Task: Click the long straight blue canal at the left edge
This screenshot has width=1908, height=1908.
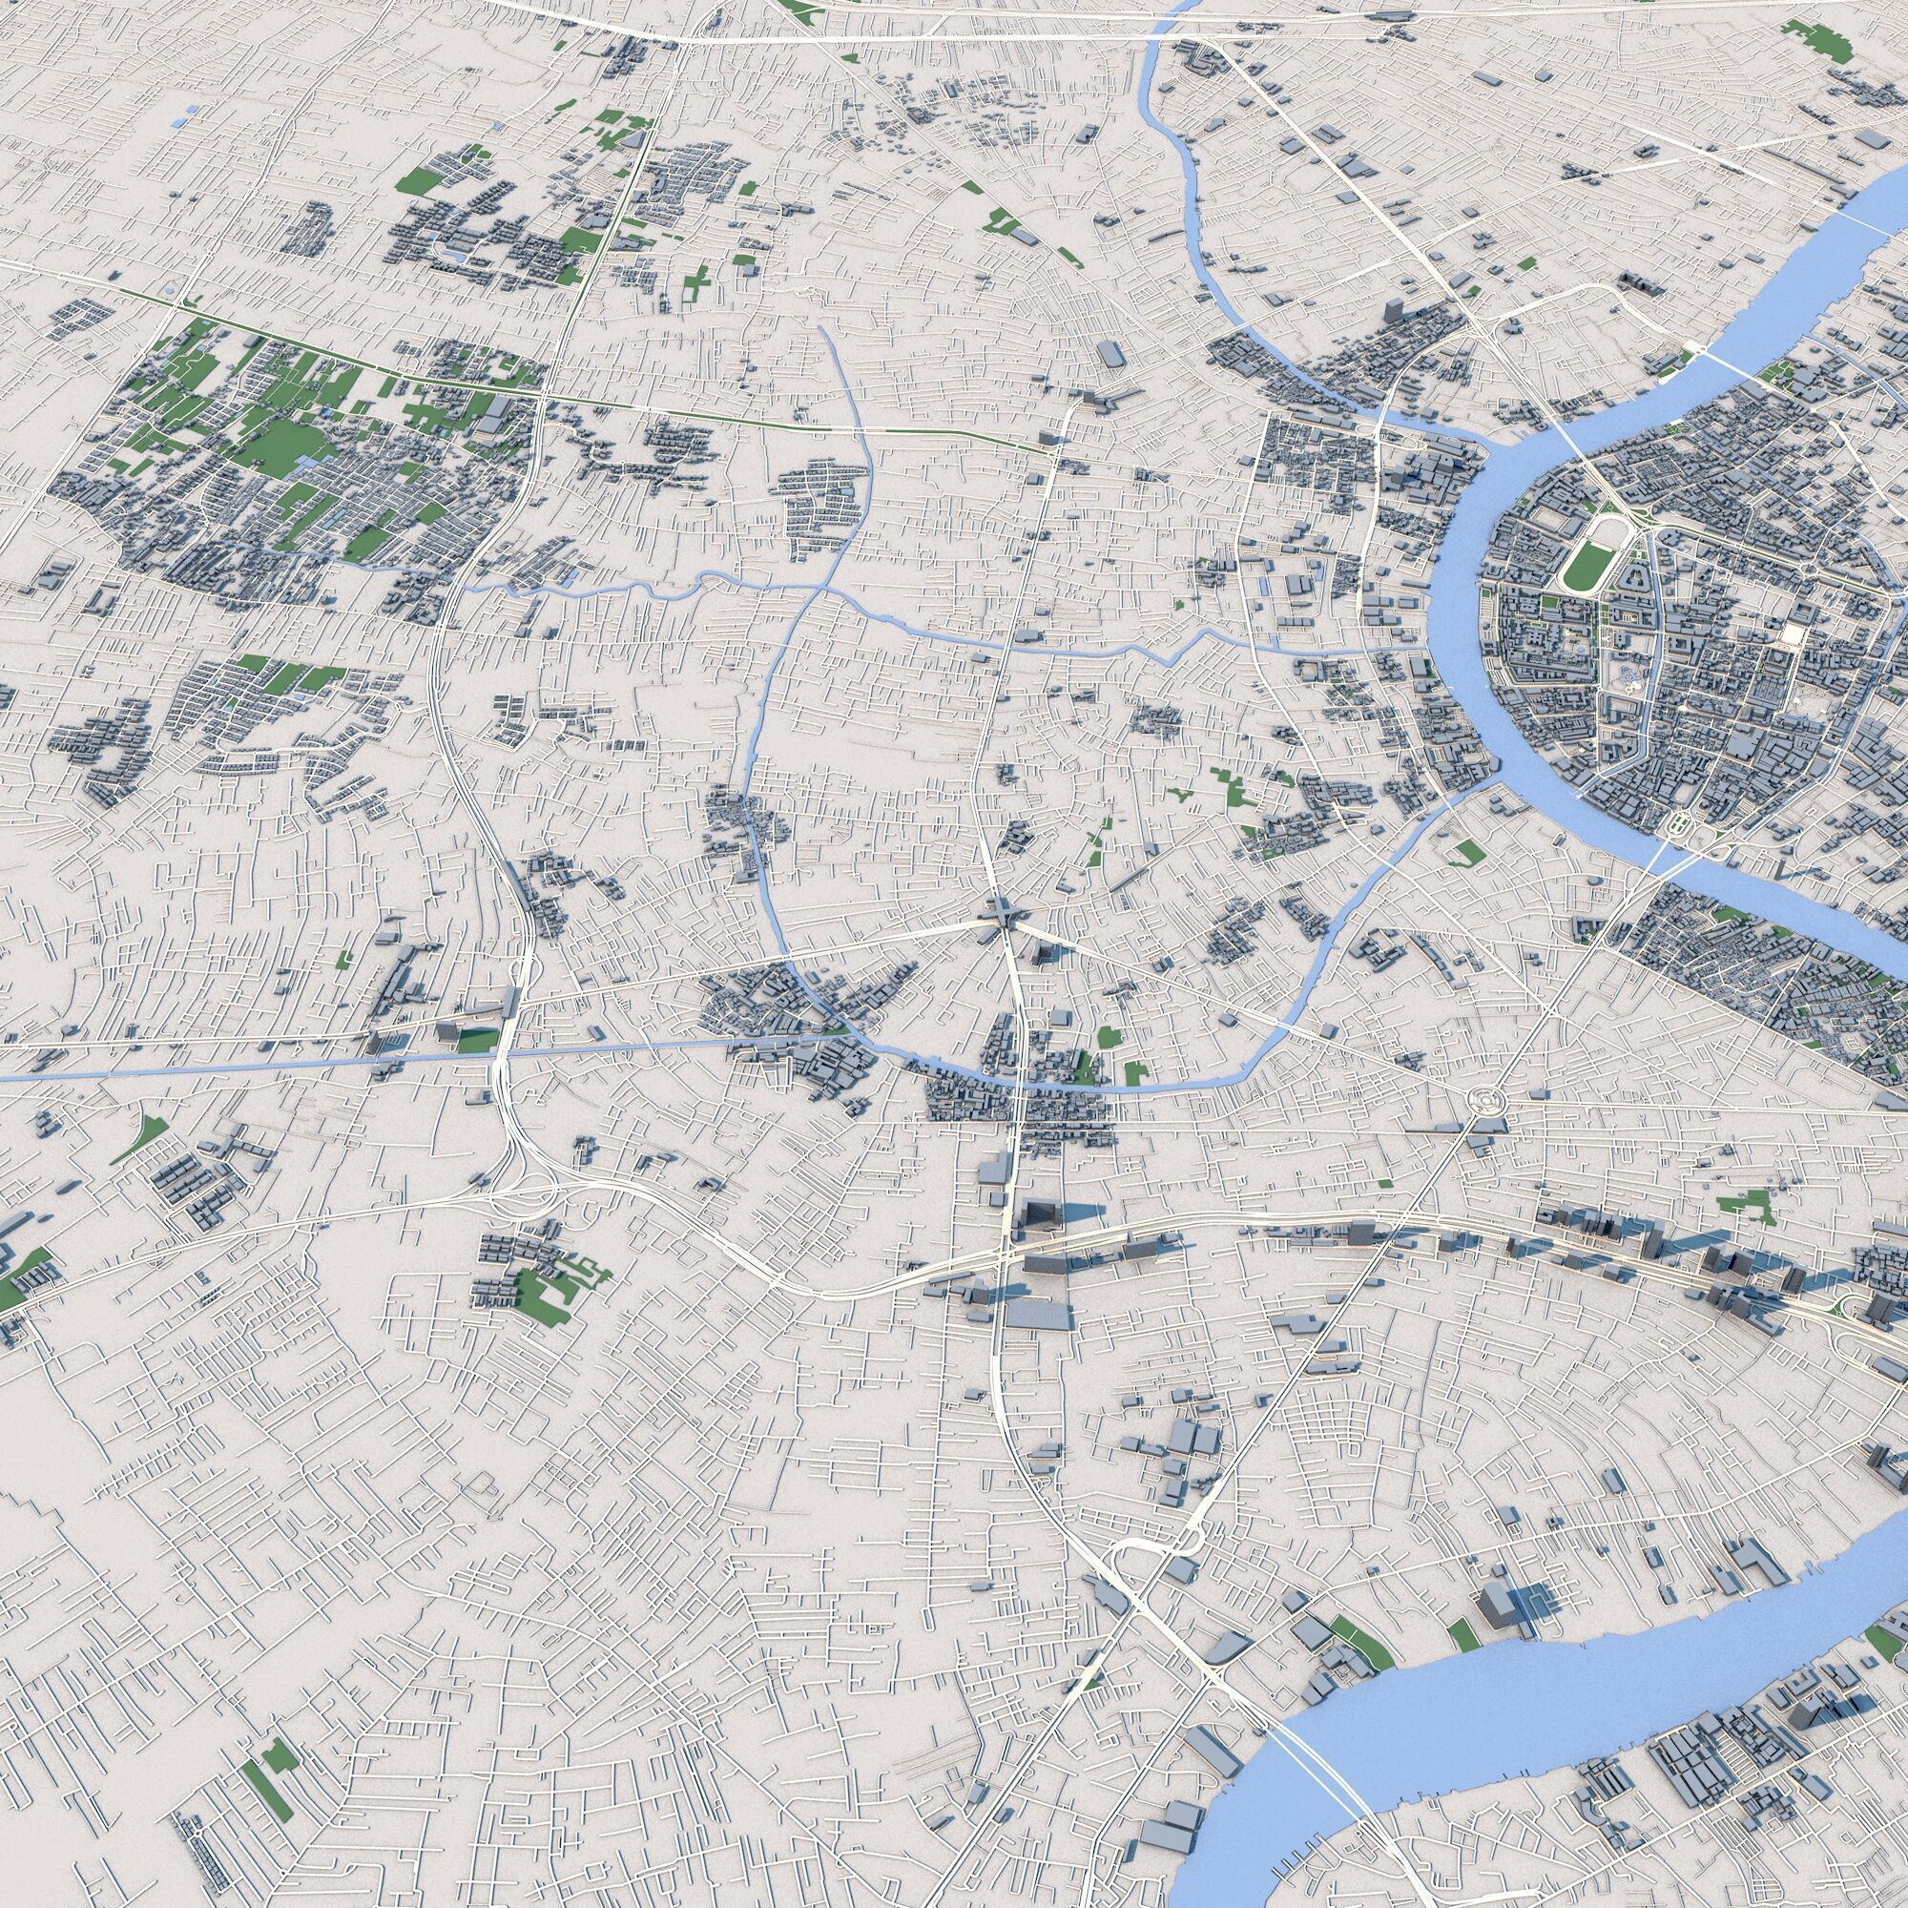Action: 148,1068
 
